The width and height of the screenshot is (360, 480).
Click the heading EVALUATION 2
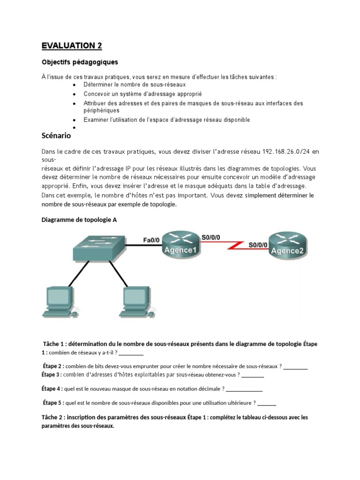pyautogui.click(x=71, y=45)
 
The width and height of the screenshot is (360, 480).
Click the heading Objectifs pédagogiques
pyautogui.click(x=80, y=62)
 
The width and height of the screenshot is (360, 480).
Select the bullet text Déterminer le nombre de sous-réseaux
pyautogui.click(x=135, y=84)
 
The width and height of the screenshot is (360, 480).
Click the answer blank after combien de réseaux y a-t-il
pyautogui.click(x=131, y=352)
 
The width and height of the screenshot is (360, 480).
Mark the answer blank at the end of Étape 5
pyautogui.click(x=267, y=403)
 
